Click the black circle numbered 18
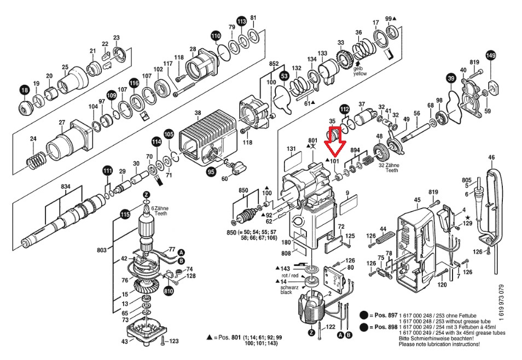point(24,90)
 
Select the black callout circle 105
point(169,134)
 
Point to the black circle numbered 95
point(211,172)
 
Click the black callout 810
point(169,292)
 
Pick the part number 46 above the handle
point(491,158)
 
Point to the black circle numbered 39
point(450,79)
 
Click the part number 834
point(66,187)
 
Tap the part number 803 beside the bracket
point(102,250)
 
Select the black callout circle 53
point(284,75)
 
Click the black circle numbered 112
point(344,109)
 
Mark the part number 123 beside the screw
point(174,341)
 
